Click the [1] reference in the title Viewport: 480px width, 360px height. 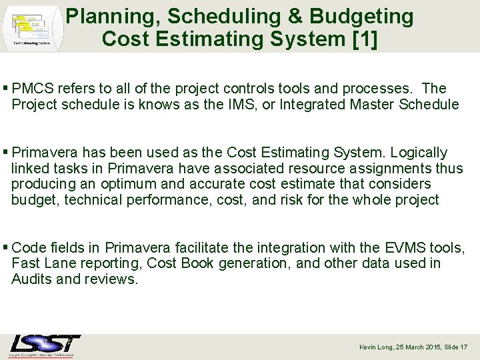coord(363,39)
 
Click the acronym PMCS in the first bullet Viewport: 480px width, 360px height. coord(33,89)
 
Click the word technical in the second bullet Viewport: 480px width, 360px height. coord(87,200)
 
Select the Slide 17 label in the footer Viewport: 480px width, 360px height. coord(455,347)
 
